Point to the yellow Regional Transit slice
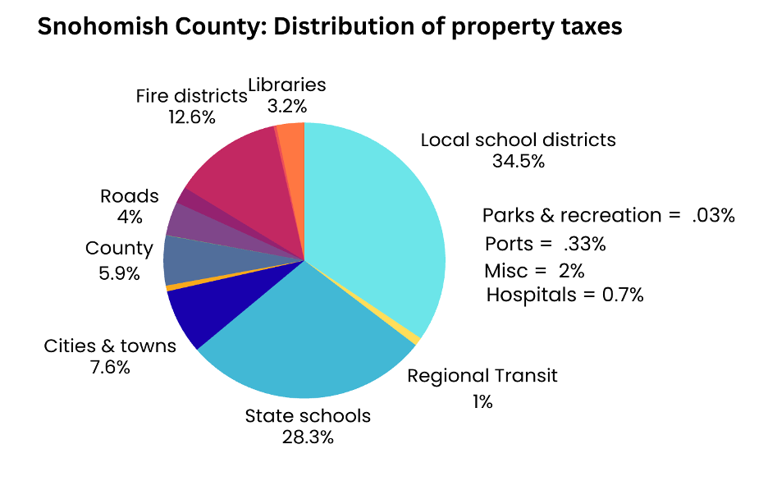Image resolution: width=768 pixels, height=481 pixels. (416, 339)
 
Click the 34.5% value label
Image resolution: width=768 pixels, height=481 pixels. (518, 162)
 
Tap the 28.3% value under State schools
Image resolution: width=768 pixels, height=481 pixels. (308, 437)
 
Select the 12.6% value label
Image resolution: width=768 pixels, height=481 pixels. (192, 117)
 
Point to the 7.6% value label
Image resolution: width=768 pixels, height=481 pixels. (110, 367)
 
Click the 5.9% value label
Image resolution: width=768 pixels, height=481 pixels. (119, 273)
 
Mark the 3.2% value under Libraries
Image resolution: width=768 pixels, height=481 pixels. (286, 106)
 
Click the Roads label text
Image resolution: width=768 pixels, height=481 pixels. (130, 196)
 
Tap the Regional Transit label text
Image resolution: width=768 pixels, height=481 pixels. (482, 376)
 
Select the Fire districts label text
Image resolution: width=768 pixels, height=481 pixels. (192, 96)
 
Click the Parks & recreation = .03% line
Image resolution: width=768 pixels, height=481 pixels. (608, 216)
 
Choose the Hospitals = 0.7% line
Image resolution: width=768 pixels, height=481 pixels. (565, 295)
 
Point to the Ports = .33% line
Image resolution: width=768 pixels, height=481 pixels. (545, 244)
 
